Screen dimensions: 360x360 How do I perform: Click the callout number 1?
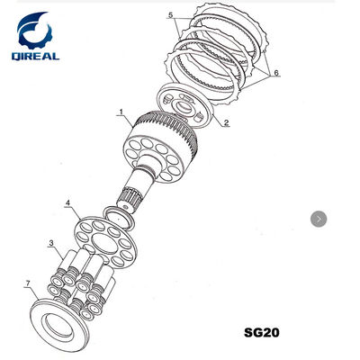tap(121, 112)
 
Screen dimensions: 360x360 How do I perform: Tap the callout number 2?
tap(227, 122)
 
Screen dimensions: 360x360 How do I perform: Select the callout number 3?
tap(51, 243)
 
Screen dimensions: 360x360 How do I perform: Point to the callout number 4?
tap(68, 203)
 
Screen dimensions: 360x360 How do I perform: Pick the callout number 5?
tap(171, 15)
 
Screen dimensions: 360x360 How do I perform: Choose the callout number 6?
tap(276, 72)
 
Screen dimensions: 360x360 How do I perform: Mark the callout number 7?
tap(28, 283)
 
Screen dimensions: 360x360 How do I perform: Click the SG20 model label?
tap(262, 332)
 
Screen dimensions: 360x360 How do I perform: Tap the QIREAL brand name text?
tap(36, 56)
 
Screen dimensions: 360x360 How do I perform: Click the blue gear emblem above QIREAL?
tap(33, 30)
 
